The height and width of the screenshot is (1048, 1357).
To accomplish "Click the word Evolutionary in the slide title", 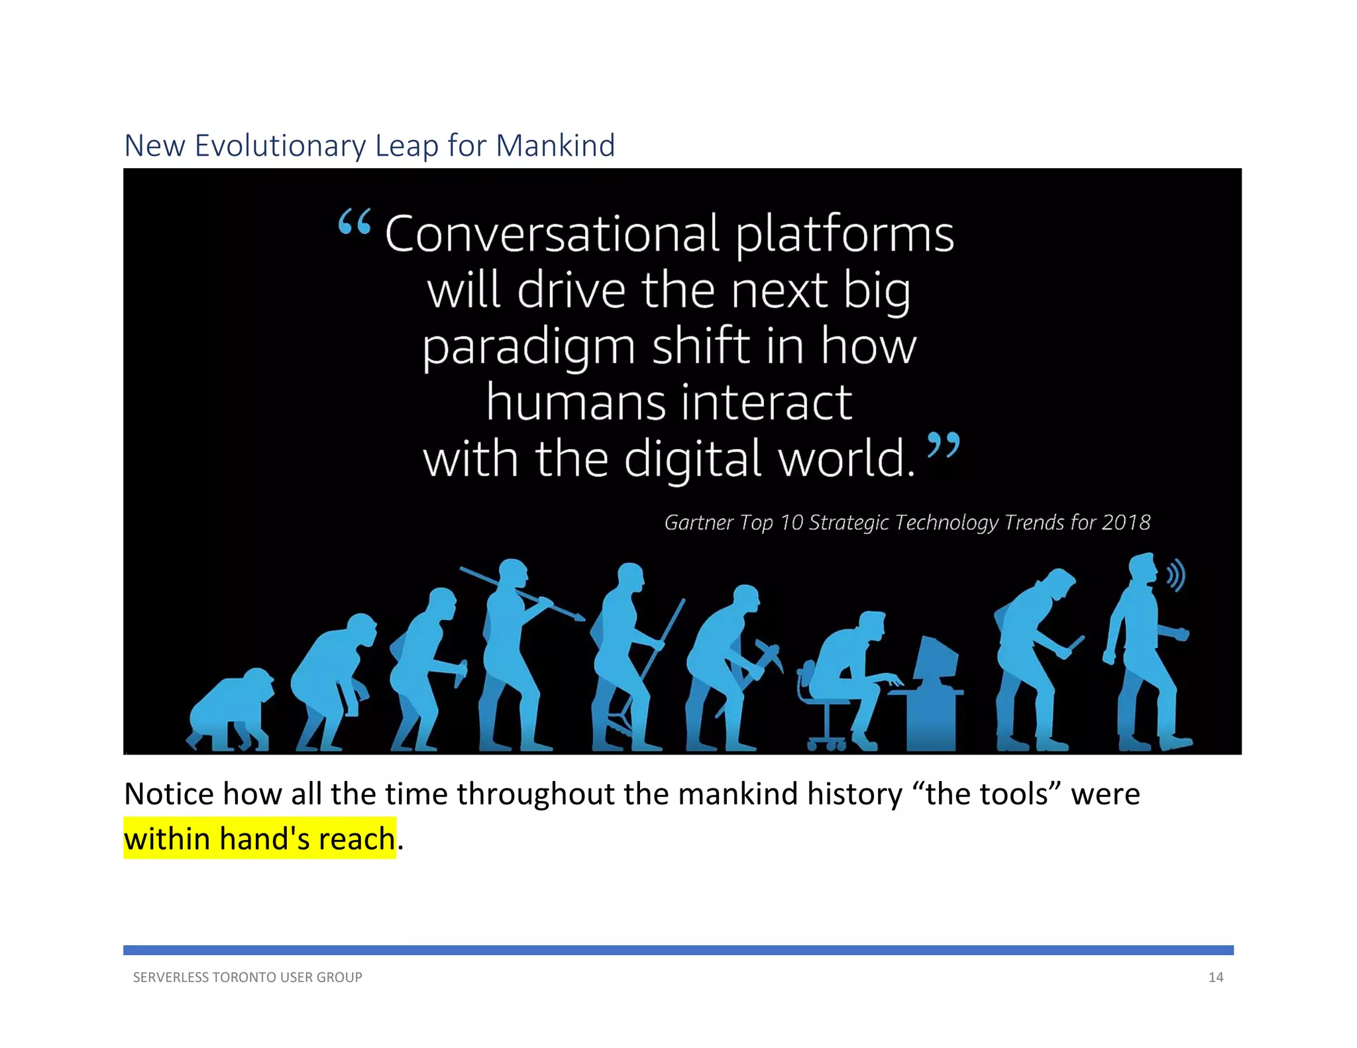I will (280, 146).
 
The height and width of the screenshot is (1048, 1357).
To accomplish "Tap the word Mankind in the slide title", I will (555, 146).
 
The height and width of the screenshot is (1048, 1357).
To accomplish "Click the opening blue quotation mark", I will (354, 222).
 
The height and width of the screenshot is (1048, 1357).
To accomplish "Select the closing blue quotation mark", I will (943, 445).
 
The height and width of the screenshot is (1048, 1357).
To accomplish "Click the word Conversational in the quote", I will (551, 234).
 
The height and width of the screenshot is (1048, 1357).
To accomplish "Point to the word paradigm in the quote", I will (529, 347).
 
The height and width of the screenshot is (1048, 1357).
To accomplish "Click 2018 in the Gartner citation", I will (1126, 522).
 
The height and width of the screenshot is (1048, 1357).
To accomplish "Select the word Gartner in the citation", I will (698, 523).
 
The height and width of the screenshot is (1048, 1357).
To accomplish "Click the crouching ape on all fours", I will (231, 712).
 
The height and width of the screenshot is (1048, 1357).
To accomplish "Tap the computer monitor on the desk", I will (936, 659).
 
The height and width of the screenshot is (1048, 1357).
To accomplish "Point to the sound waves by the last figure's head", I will (1175, 575).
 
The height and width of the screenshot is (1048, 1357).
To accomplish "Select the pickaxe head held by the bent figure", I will (769, 655).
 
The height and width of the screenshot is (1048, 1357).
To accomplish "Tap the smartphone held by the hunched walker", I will (1075, 645).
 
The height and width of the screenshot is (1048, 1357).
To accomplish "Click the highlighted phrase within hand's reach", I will (260, 839).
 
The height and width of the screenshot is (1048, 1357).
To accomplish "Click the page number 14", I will (1215, 977).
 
